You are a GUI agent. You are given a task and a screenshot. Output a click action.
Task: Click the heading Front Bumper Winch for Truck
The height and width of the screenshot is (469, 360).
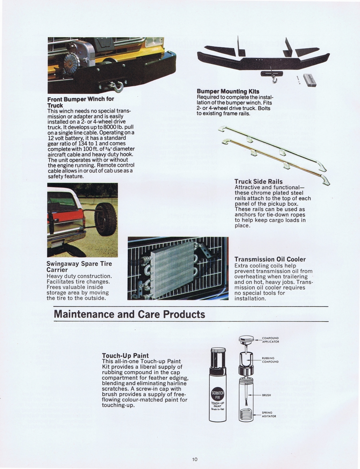(x=81, y=102)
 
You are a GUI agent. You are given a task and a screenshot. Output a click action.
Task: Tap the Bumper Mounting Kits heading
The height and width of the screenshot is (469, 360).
(x=228, y=91)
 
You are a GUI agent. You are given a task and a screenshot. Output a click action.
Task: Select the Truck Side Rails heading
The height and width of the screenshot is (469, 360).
(x=258, y=182)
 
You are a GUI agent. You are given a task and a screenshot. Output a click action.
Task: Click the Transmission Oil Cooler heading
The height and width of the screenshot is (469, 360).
(x=270, y=259)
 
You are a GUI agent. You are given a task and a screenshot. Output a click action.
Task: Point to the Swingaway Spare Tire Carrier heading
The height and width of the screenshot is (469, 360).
(x=79, y=266)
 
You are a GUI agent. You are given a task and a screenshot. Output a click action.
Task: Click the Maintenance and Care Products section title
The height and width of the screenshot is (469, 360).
(x=129, y=314)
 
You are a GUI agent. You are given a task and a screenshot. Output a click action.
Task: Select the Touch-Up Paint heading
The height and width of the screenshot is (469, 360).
(x=125, y=356)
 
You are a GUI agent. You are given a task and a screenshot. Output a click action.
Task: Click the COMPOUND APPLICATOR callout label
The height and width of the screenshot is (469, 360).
(x=270, y=340)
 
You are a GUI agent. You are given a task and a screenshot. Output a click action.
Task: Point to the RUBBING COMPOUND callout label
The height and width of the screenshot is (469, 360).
(x=270, y=360)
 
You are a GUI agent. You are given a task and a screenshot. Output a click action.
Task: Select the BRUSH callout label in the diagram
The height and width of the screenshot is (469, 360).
(x=266, y=395)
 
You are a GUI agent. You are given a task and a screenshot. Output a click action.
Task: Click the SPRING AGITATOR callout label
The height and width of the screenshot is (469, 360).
(x=269, y=414)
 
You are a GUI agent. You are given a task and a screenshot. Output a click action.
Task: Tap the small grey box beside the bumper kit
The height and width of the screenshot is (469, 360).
(x=310, y=80)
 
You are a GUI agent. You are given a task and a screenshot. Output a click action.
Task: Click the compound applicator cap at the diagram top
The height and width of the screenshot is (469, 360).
(x=246, y=340)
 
